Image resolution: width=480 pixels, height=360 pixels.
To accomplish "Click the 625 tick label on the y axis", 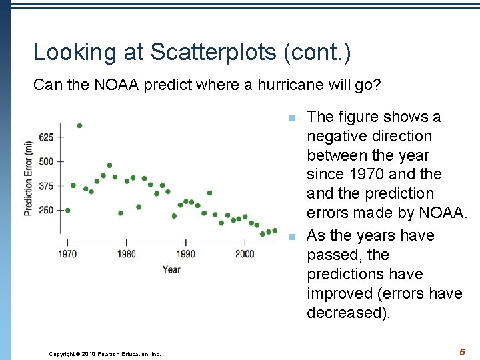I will (x=46, y=137).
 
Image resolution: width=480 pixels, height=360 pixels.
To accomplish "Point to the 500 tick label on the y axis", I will (x=46, y=161).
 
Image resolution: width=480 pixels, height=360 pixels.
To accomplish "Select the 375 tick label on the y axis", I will (x=46, y=186).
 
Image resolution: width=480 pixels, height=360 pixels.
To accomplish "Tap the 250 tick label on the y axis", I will (x=46, y=211).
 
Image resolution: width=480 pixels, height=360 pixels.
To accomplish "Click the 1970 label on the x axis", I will (x=67, y=254).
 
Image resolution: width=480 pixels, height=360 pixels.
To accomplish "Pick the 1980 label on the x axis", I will (x=127, y=254).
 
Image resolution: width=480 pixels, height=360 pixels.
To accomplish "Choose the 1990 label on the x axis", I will (x=186, y=254).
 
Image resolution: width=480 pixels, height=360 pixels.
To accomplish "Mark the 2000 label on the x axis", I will (x=245, y=254).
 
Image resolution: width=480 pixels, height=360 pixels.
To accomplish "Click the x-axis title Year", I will (x=171, y=269).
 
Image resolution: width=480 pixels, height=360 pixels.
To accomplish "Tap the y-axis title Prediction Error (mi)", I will (x=28, y=178).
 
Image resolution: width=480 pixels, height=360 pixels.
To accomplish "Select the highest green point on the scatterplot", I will (x=79, y=125).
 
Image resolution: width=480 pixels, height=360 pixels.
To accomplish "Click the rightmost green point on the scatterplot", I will (x=275, y=231).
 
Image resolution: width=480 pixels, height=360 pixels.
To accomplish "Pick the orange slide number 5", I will (x=461, y=351).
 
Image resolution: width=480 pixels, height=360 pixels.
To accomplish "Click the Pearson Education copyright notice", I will (x=105, y=354).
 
